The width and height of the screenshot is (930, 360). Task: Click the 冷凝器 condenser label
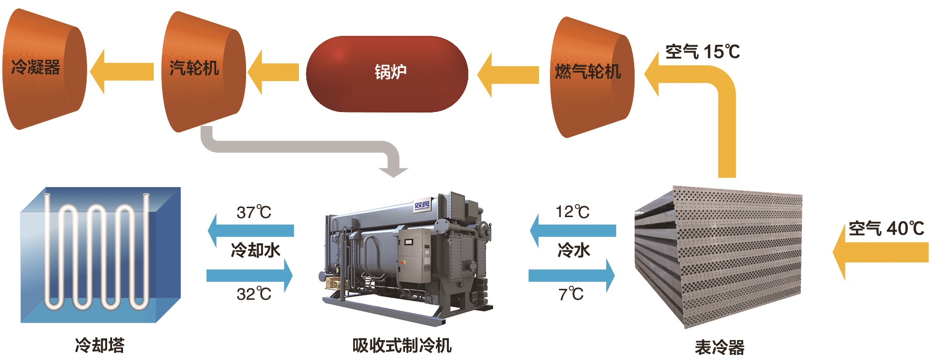point(35,67)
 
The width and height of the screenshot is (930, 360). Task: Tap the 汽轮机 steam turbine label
point(194,68)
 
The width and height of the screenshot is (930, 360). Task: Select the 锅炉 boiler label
point(391,72)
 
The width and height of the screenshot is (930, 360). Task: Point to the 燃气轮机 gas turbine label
point(588,71)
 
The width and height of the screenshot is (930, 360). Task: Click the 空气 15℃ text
point(702,51)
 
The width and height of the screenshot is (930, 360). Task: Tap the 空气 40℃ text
point(886,229)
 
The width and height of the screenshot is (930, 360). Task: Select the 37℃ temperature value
point(254,213)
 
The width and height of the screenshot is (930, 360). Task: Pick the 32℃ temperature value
point(254,294)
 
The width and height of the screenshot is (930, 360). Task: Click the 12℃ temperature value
point(572,212)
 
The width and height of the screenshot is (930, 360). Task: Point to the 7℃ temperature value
point(571,294)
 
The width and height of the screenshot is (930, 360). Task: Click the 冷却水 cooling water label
point(255,249)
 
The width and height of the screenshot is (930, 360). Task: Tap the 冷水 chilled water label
point(573,250)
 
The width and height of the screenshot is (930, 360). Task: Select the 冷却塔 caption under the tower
point(100,345)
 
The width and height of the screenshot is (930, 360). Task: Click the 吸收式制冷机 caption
point(401,345)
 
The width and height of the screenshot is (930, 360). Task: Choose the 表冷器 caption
point(719,347)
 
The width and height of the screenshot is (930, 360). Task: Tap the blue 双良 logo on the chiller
point(422,205)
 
